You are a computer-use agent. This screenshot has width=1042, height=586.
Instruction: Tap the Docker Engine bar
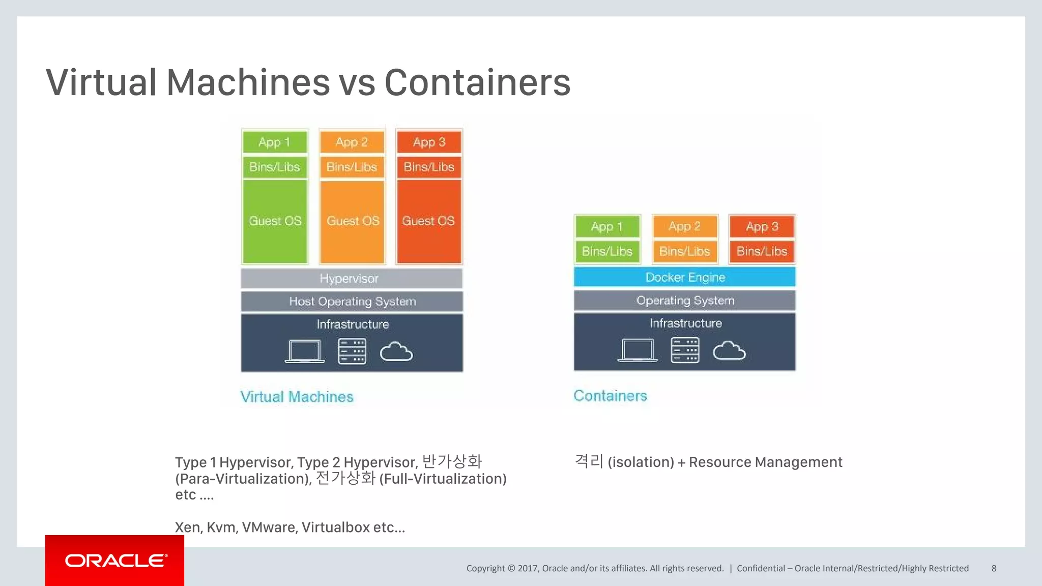[x=684, y=277]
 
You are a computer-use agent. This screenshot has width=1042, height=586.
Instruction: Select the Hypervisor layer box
[x=352, y=279]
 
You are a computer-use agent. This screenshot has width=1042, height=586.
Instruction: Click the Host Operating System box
[x=352, y=302]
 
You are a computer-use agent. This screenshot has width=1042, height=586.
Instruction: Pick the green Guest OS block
[x=275, y=221]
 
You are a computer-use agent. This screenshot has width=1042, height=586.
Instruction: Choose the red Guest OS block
[x=428, y=221]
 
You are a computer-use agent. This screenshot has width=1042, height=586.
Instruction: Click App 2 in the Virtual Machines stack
[x=352, y=142]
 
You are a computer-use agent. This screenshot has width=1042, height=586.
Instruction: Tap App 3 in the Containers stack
[x=762, y=227]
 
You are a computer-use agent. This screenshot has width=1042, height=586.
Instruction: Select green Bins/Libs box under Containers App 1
[x=607, y=251]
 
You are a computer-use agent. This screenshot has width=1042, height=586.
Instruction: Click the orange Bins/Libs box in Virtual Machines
[x=352, y=167]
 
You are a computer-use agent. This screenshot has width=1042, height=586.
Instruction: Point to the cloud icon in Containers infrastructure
[x=729, y=351]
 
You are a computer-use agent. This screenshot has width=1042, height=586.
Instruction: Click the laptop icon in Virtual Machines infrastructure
[x=304, y=351]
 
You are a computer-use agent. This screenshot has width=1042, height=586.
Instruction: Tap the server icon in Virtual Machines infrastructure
[x=352, y=351]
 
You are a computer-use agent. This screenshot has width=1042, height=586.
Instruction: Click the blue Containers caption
[x=610, y=396]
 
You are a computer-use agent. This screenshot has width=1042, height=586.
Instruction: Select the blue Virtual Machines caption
[x=297, y=397]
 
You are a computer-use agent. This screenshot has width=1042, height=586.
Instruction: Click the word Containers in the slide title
[x=477, y=82]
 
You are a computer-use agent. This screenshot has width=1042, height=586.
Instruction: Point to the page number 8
[x=994, y=568]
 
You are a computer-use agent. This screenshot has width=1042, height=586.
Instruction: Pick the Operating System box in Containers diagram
[x=684, y=301]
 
